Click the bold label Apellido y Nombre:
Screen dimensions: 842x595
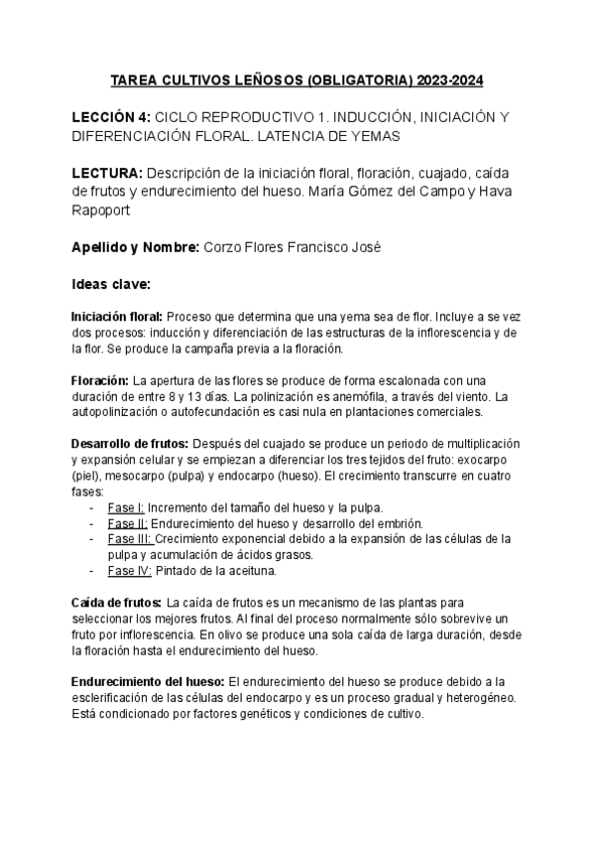coord(135,247)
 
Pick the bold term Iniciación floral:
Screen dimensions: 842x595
coord(117,316)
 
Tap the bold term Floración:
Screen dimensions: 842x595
coord(100,380)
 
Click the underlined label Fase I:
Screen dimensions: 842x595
coord(126,507)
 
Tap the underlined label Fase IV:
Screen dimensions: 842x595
coord(129,571)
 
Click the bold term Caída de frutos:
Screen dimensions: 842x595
coord(116,603)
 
